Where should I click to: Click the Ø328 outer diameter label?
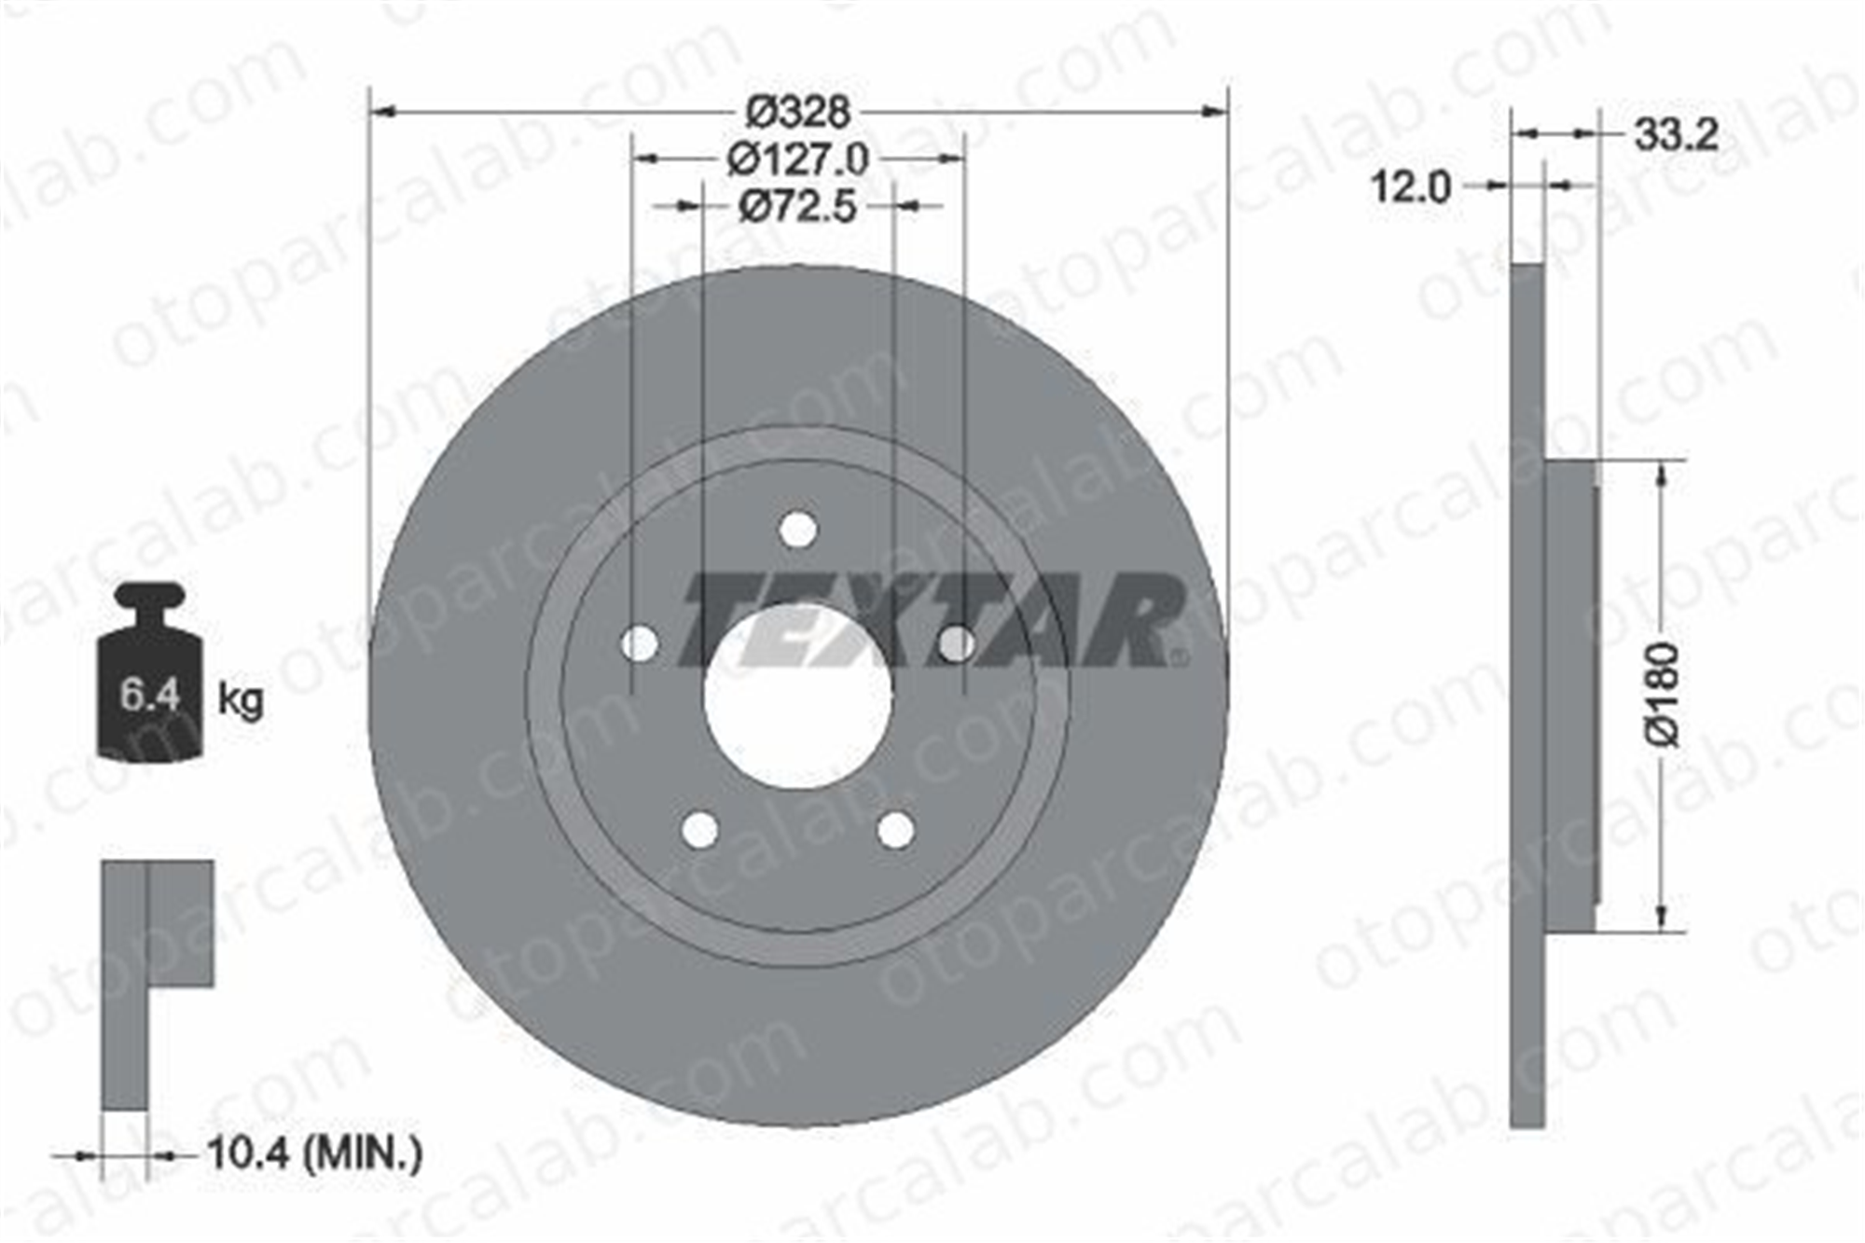798,112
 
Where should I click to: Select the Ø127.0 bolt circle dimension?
798,159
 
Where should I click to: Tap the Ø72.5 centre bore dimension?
797,206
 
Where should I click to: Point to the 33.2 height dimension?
1676,136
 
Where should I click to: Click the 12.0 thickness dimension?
1410,187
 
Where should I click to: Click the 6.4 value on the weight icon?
150,696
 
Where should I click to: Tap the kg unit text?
241,698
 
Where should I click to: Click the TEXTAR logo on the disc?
932,620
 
